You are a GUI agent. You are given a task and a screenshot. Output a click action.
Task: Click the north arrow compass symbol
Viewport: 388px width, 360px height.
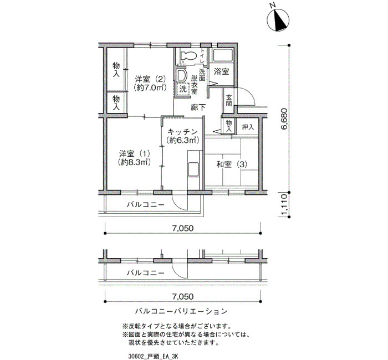[x=278, y=20]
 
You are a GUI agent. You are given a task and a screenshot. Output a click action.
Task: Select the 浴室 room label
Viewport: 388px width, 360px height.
[x=221, y=71]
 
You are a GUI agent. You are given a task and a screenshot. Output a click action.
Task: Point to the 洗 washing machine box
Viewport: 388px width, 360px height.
[x=183, y=89]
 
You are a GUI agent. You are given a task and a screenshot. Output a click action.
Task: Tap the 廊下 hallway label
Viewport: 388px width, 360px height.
[x=198, y=107]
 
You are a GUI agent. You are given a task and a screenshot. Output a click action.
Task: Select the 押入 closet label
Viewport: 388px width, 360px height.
[x=248, y=127]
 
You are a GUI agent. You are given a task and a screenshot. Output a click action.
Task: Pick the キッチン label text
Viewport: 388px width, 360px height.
[x=182, y=131]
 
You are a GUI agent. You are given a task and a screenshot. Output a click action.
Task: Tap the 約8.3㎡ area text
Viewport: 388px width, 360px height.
[x=134, y=162]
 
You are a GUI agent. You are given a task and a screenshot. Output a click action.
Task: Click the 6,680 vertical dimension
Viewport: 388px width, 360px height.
[x=284, y=119]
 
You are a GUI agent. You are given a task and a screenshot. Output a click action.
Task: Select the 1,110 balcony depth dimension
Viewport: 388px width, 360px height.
[x=284, y=204]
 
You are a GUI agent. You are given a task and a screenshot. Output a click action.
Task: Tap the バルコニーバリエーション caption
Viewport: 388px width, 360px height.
[x=181, y=311]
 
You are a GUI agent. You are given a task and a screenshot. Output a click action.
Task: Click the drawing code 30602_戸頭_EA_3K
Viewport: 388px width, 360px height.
[x=153, y=356]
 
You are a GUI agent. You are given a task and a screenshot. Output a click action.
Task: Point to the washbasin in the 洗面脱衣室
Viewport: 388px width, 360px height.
[x=181, y=75]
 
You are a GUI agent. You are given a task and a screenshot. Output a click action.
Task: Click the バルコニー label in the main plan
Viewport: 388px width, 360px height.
[x=145, y=205]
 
